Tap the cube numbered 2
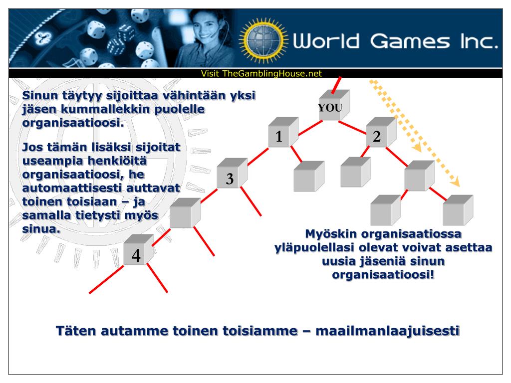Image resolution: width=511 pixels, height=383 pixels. [378, 136]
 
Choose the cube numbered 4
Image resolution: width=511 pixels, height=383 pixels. [136, 255]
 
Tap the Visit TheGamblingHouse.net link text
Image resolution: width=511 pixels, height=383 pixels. [261, 73]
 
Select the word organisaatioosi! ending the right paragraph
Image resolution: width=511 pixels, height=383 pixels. [383, 274]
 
